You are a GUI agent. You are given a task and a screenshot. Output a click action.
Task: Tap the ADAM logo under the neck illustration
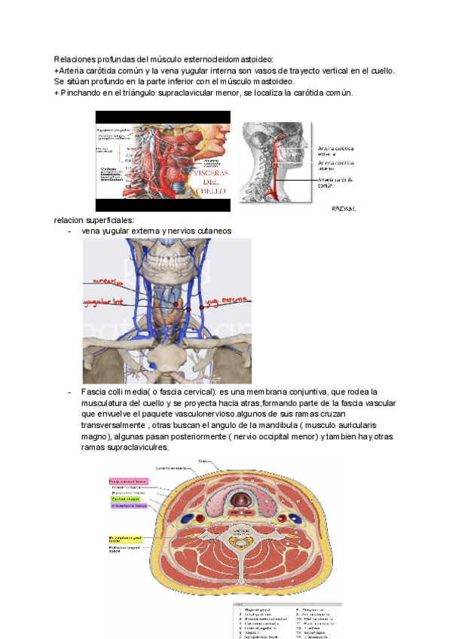[343, 209]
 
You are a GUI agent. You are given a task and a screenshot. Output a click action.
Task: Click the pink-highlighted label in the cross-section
[127, 480]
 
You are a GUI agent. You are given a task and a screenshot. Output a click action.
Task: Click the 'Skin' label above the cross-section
[202, 461]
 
